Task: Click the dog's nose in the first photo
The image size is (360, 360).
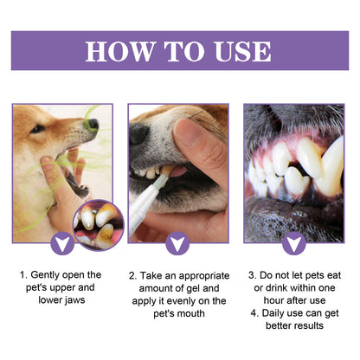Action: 91,125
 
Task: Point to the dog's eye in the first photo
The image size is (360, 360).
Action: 38,129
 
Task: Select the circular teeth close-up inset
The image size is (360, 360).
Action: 99,225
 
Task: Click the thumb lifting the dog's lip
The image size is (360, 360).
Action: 196,138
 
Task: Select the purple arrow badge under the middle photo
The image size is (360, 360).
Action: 178,244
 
